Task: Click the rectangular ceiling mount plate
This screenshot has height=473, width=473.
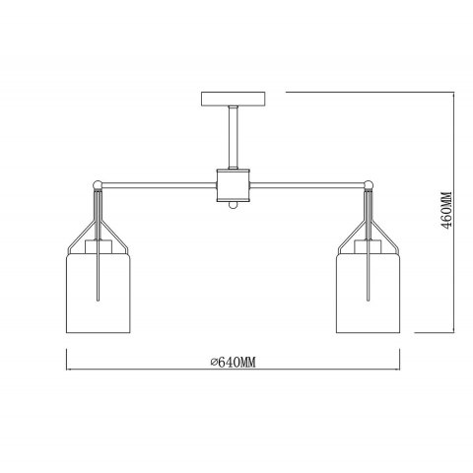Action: point(233,99)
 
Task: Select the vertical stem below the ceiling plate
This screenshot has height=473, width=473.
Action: point(234,137)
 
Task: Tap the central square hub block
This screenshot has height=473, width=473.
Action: point(234,185)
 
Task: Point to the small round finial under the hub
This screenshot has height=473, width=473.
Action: point(233,206)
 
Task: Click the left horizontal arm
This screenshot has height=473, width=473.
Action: point(159,185)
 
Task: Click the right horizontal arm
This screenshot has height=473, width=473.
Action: point(307,185)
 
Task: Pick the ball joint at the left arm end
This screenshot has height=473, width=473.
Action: point(98,185)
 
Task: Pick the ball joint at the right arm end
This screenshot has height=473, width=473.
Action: point(369,185)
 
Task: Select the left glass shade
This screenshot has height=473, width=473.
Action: point(99,293)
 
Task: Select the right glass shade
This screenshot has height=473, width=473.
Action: point(369,293)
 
